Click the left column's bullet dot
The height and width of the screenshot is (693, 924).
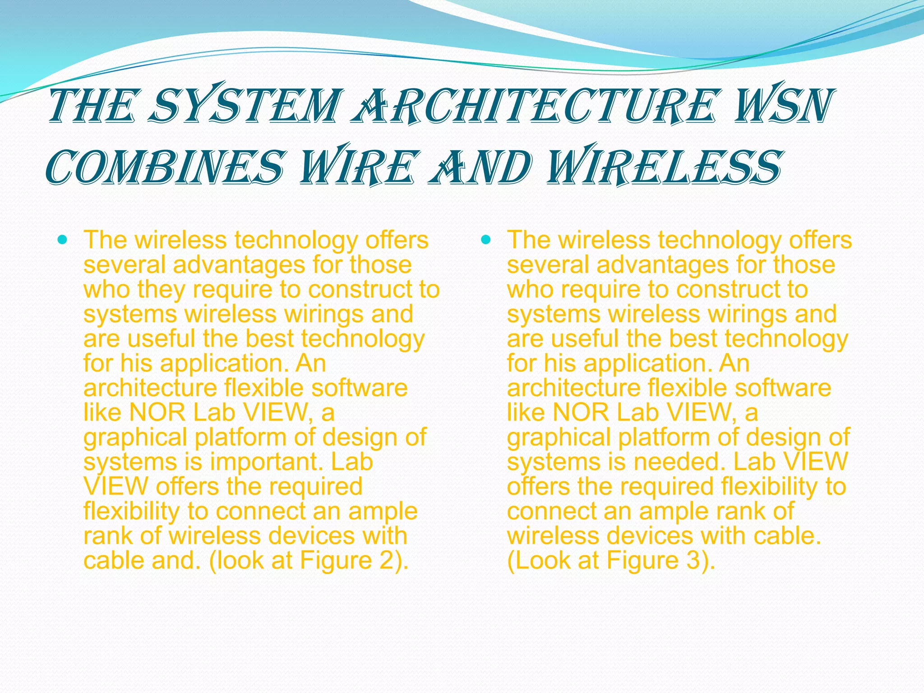click(x=63, y=240)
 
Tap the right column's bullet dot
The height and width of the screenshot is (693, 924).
click(x=486, y=240)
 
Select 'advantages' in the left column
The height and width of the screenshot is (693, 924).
click(x=239, y=265)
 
